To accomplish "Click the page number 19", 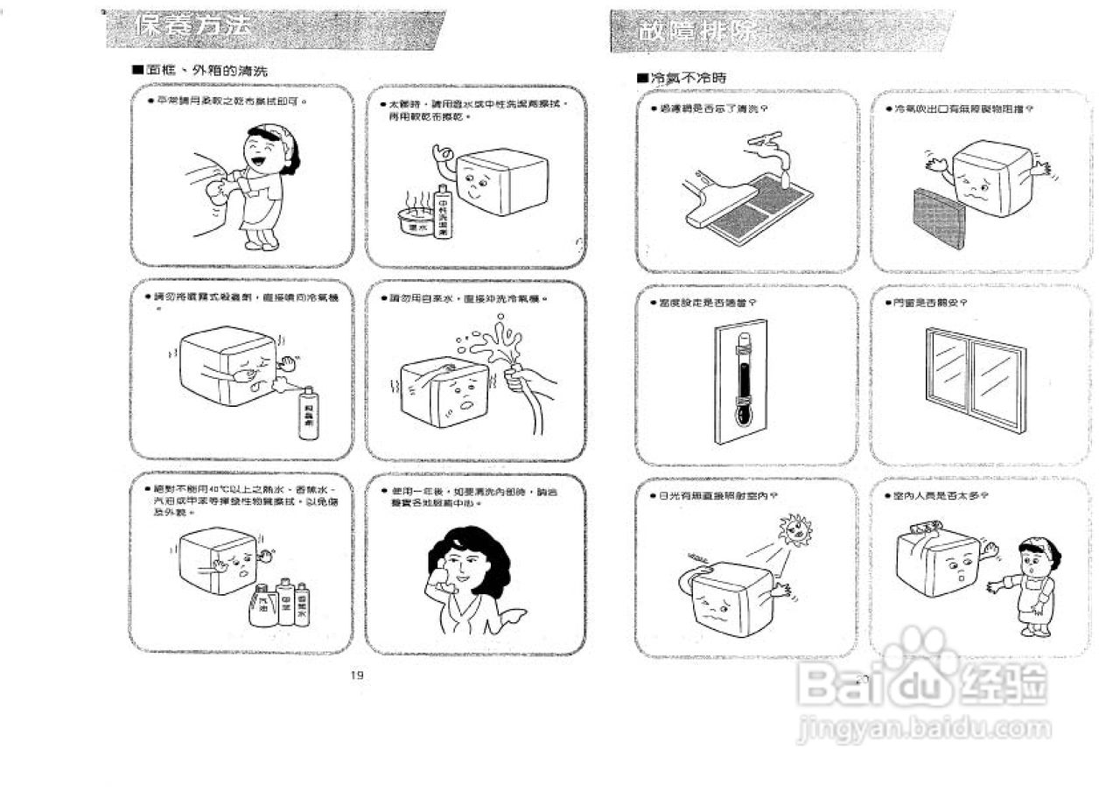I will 355,674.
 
